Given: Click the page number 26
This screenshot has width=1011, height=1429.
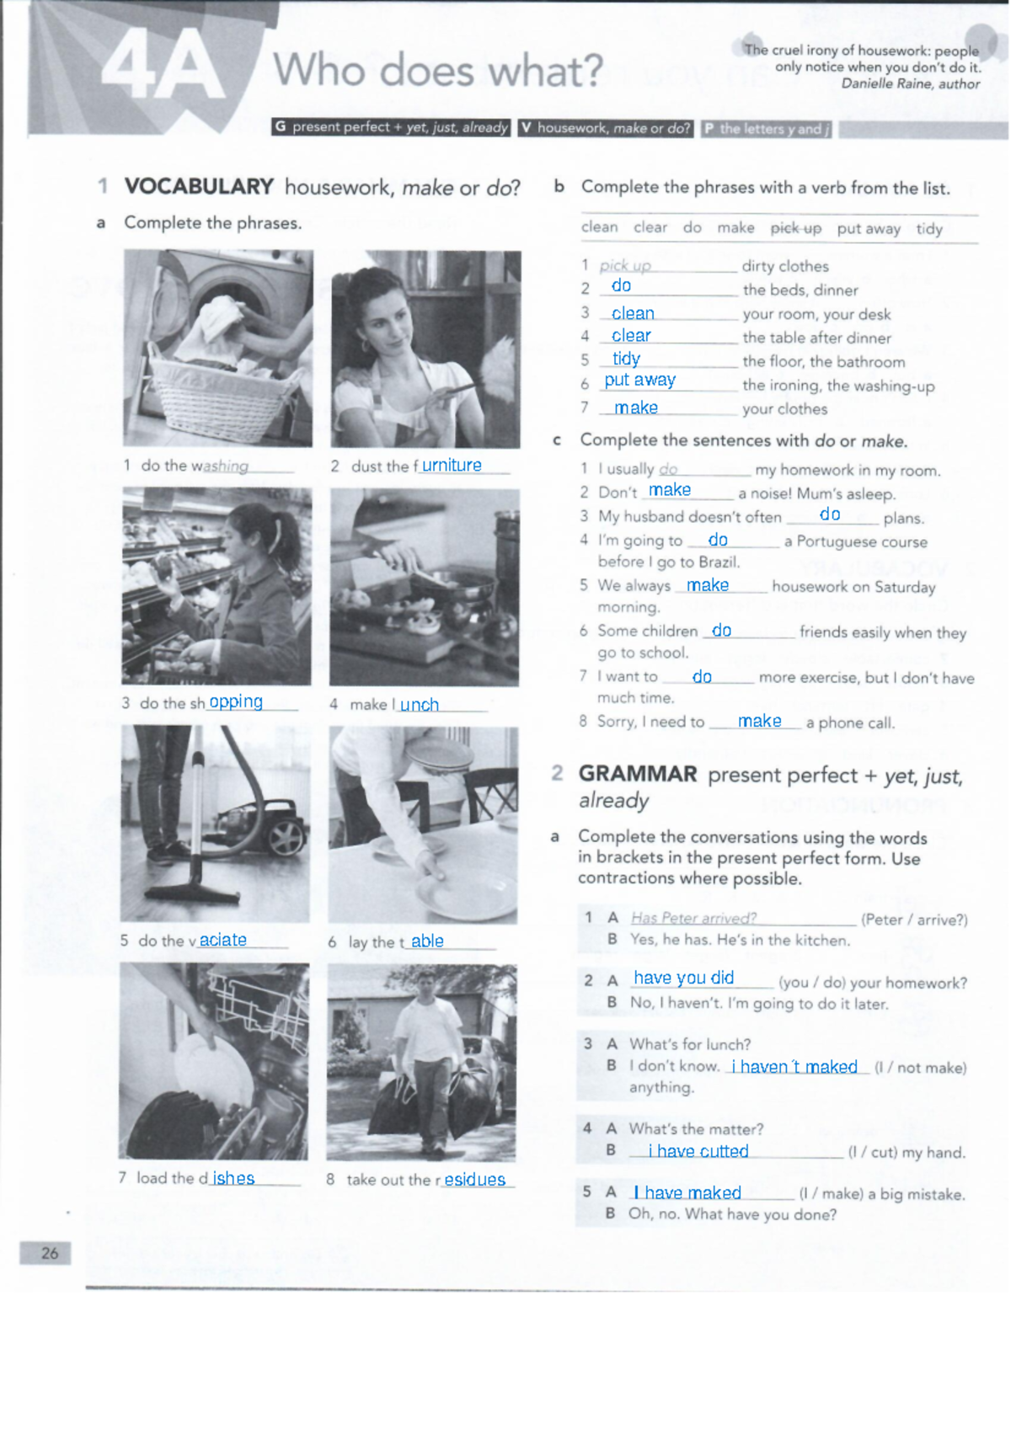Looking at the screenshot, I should [x=49, y=1253].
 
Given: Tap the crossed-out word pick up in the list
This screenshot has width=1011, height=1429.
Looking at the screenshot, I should [x=795, y=228].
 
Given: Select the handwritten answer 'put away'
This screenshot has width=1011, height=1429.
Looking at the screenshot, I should [x=639, y=380].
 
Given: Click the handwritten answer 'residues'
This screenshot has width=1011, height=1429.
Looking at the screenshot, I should [x=474, y=1180].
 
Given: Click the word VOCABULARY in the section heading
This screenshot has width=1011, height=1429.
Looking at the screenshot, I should [x=199, y=186].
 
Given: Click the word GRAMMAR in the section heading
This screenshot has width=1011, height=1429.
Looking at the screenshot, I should [x=637, y=774].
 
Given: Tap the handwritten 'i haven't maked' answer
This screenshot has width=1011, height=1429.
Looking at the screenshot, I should [x=794, y=1067].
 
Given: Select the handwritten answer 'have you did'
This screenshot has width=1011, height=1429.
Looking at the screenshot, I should [x=683, y=978].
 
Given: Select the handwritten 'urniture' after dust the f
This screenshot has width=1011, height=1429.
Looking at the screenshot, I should [x=452, y=465].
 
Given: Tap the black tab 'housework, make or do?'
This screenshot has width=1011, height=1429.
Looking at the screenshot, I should [x=606, y=128].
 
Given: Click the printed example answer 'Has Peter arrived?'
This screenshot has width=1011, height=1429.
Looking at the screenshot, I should [x=693, y=918].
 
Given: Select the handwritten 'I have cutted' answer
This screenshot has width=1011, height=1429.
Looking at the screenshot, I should [x=698, y=1151].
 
